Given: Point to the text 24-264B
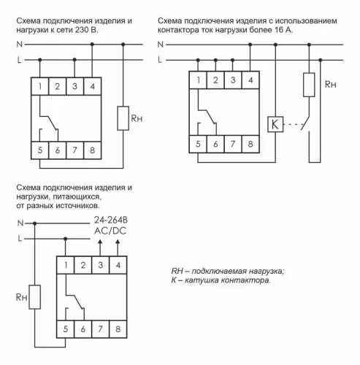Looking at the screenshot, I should tap(110, 219).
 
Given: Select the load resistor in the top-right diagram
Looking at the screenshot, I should tap(309, 85).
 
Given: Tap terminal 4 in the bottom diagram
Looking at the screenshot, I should tap(118, 264).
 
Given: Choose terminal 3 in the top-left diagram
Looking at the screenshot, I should tap(75, 87).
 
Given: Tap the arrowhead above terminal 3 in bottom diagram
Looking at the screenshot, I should tap(101, 240).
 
